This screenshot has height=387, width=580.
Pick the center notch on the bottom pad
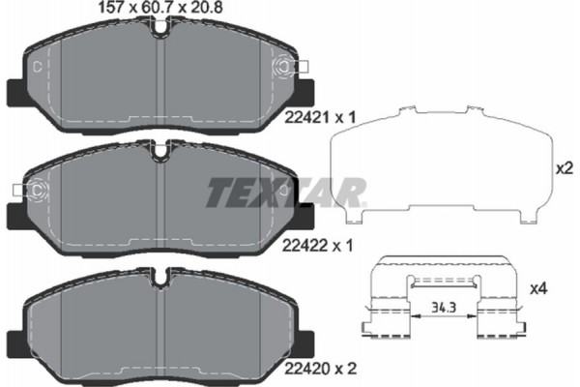[x=160, y=279]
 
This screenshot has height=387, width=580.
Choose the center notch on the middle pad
[x=160, y=151]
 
